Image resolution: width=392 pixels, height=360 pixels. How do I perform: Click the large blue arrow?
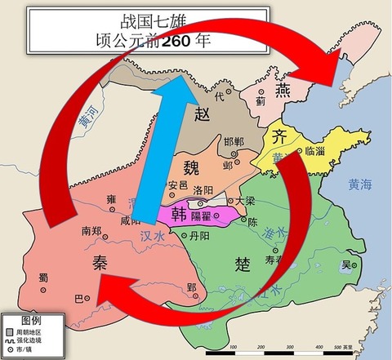pyautogui.click(x=154, y=155)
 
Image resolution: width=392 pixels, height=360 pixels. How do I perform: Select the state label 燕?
pyautogui.click(x=283, y=87)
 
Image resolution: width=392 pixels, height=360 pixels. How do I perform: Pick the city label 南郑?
pyautogui.click(x=91, y=231)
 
